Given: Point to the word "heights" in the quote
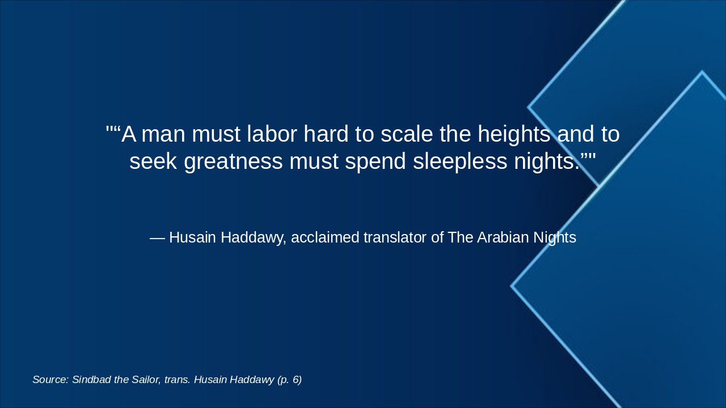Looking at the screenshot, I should pyautogui.click(x=514, y=135).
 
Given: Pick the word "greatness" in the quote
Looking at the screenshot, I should pyautogui.click(x=233, y=161).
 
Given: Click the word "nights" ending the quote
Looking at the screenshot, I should pyautogui.click(x=547, y=161).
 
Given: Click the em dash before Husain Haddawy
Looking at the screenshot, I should pyautogui.click(x=157, y=238).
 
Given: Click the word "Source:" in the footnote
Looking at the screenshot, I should pyautogui.click(x=50, y=380).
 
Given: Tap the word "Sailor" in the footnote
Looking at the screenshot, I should pyautogui.click(x=146, y=380).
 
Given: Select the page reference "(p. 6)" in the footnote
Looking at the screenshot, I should pyautogui.click(x=289, y=380).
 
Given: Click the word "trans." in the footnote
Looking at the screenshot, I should pyautogui.click(x=177, y=380).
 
